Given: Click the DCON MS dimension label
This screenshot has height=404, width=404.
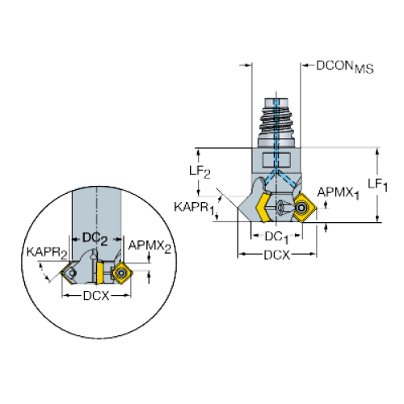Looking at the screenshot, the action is (345, 66).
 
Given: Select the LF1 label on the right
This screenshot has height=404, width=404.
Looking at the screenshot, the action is (377, 185).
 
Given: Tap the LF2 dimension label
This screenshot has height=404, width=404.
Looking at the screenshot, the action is (200, 171).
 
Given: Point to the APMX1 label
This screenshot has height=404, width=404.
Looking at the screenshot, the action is (339, 193).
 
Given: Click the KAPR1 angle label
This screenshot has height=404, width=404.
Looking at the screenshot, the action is (195, 208).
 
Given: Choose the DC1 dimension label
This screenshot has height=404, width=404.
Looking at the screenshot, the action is (276, 238).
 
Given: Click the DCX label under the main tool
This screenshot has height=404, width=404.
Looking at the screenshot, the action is (277, 255).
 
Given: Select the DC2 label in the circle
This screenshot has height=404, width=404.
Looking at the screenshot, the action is (95, 238).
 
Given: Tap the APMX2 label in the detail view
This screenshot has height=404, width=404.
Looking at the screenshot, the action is (149, 246).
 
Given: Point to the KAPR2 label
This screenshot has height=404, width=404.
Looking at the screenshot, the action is (47, 253).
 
